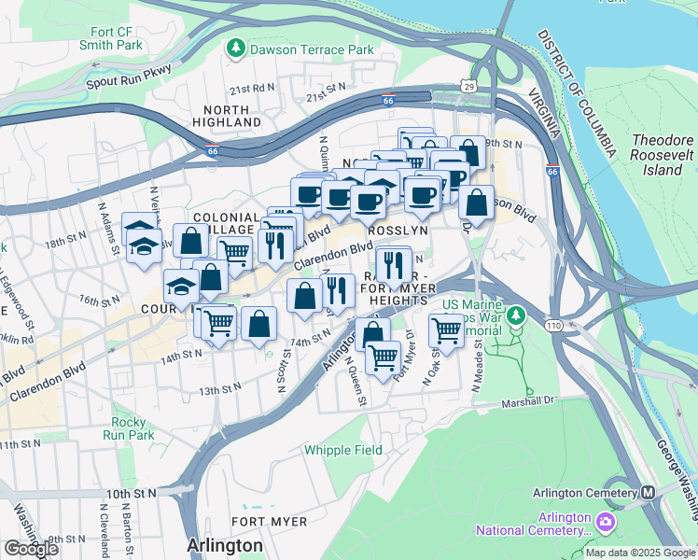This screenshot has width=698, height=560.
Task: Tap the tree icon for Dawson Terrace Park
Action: [237, 47]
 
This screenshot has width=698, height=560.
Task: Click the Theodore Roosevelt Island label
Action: [663, 155]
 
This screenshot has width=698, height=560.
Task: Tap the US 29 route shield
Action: [468, 86]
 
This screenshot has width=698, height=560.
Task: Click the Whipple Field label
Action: [343, 450]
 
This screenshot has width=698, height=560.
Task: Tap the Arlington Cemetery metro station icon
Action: [648, 493]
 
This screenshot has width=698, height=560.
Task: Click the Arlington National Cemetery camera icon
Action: [607, 519]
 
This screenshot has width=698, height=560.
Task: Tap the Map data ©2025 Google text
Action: [639, 553]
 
